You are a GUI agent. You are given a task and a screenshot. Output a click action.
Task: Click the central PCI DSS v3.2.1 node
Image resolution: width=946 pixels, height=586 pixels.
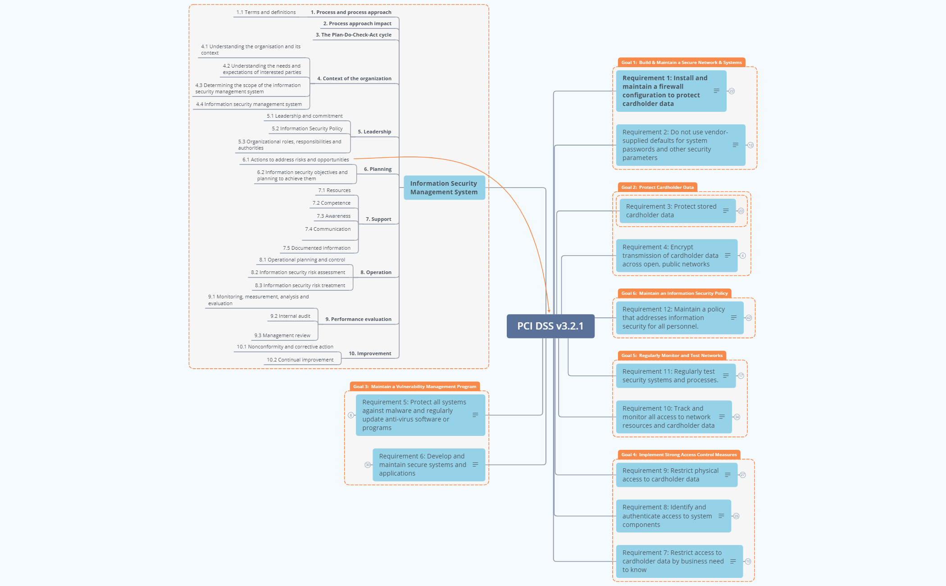[550, 326]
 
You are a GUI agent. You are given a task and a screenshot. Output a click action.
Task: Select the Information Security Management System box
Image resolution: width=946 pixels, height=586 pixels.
[444, 188]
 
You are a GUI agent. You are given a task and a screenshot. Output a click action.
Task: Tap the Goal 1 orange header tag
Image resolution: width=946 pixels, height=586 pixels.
[681, 63]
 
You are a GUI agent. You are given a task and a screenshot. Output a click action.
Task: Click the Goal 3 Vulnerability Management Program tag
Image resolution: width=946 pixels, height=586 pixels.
[414, 386]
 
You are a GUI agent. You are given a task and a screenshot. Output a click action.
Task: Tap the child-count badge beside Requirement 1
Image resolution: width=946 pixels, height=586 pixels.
[732, 91]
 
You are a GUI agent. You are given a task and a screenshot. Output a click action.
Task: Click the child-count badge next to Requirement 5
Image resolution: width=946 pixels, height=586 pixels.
[351, 415]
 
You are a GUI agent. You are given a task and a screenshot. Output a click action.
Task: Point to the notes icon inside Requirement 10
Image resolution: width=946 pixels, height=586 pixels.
[722, 417]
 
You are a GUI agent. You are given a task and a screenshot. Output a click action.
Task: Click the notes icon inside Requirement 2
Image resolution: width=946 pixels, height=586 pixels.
[736, 145]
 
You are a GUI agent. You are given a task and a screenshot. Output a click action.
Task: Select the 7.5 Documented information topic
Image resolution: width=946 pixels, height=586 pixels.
[316, 248]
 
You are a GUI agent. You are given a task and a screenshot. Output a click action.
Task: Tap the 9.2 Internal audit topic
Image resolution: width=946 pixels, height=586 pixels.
[290, 316]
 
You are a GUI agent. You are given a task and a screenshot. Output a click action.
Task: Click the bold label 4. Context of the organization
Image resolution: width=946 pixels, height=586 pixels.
[354, 78]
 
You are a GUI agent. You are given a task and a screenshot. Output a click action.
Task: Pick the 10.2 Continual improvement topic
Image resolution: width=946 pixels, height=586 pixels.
[300, 360]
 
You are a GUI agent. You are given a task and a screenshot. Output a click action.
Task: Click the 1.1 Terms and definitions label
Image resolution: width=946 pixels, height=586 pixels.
[266, 12]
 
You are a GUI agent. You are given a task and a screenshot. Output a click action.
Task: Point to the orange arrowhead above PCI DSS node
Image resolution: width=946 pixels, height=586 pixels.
[549, 310]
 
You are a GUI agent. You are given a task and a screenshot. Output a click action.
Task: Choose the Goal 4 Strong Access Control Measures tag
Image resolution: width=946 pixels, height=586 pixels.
[678, 454]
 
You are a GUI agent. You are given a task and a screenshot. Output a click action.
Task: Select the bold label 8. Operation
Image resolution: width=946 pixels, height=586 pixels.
[376, 272]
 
